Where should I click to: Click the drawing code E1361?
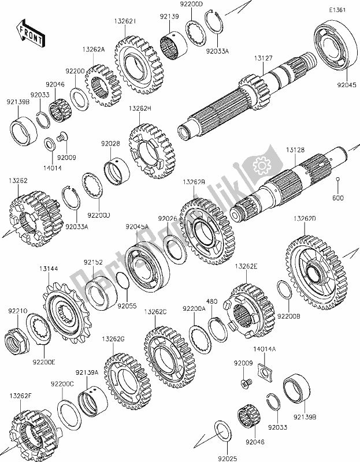point(339,10)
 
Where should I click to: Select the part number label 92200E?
point(43,362)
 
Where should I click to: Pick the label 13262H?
point(140,108)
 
